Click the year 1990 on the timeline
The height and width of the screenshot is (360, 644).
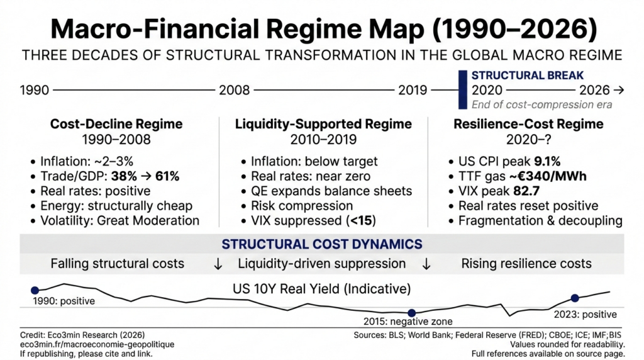(x=35, y=91)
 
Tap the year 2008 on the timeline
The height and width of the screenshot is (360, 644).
(x=234, y=91)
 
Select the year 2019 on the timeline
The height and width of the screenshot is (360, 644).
(x=413, y=91)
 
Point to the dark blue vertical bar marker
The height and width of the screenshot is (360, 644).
(x=462, y=90)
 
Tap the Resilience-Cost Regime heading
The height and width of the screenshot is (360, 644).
(x=528, y=124)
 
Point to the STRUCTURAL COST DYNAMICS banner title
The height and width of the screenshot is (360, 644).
(x=321, y=244)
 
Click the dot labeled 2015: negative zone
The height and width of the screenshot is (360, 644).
(x=411, y=313)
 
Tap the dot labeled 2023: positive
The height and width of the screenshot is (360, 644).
(x=574, y=298)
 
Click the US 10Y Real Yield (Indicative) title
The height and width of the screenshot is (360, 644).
(x=321, y=290)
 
